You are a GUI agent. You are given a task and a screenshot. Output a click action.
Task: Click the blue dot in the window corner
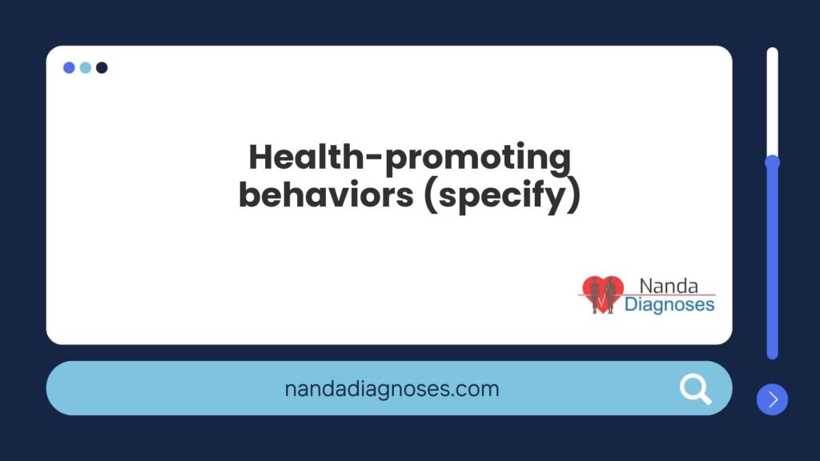tap(69, 67)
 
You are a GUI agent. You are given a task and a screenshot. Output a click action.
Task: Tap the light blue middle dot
tap(85, 67)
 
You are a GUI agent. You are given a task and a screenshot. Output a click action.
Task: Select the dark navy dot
tap(102, 67)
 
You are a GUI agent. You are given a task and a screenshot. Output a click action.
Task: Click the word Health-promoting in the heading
tap(409, 158)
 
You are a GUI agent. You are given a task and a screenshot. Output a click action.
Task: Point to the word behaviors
tap(326, 194)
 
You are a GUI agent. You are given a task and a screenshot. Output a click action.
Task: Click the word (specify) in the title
tap(502, 196)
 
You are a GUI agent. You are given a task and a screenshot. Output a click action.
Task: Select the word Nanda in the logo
tap(669, 286)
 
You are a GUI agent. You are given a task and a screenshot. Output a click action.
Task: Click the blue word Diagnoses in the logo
tap(669, 305)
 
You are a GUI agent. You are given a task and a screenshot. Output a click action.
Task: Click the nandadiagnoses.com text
tap(392, 389)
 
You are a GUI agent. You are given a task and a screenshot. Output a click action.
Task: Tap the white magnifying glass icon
tap(696, 389)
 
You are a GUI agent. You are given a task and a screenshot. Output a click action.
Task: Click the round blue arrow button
tap(773, 399)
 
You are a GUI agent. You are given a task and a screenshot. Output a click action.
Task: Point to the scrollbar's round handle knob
tap(773, 162)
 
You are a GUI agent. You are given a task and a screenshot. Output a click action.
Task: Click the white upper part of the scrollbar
tap(773, 102)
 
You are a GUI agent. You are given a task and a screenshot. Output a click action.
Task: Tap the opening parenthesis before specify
tap(431, 196)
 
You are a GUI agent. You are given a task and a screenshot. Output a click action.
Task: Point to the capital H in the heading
tap(263, 158)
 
